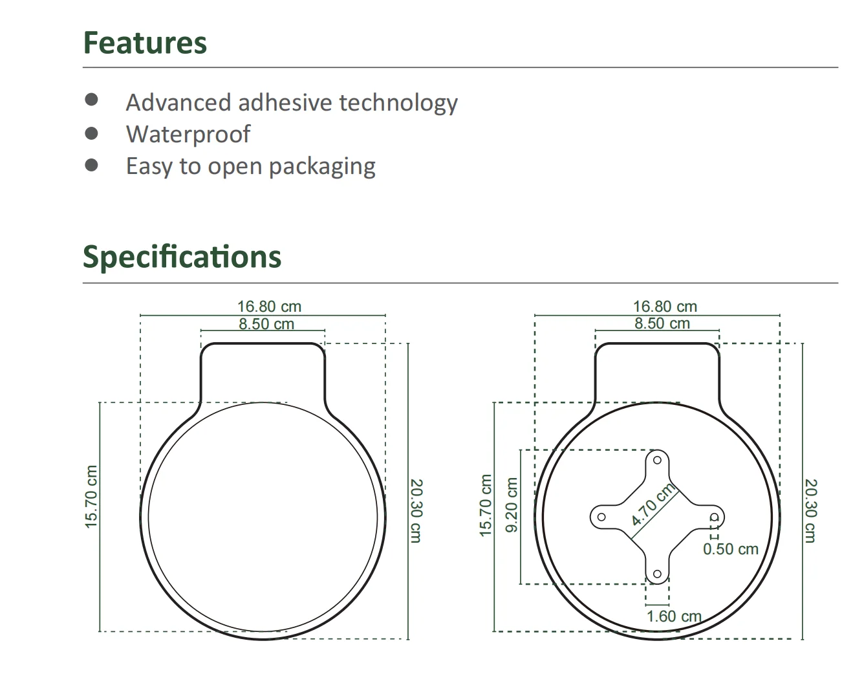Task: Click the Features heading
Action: (145, 43)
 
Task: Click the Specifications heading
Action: (182, 257)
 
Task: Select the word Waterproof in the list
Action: (188, 134)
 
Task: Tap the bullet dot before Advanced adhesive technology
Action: (91, 100)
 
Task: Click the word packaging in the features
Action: (321, 166)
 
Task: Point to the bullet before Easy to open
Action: (91, 165)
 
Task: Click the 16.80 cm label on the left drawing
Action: (269, 307)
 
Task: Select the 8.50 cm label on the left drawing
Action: (266, 323)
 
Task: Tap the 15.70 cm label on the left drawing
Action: (91, 496)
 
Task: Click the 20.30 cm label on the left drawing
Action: (416, 510)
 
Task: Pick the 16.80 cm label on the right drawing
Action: (665, 307)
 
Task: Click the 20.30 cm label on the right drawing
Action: (811, 510)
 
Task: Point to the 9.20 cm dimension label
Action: (512, 505)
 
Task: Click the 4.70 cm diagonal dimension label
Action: (653, 504)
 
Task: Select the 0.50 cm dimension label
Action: (730, 549)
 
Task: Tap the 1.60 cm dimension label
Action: (674, 616)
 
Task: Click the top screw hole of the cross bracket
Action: (657, 460)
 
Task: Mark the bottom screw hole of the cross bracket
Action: (657, 574)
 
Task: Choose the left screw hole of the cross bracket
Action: (601, 517)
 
